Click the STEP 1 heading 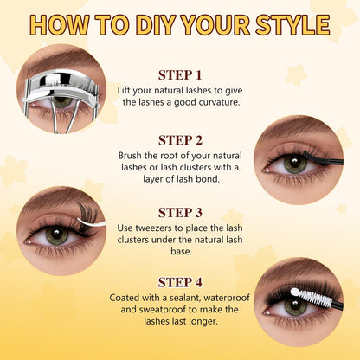click(180, 75)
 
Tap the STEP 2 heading click(180, 140)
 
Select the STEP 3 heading click(180, 213)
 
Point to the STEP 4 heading click(180, 282)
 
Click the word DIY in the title click(156, 24)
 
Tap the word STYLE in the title click(292, 24)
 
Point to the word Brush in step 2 click(130, 156)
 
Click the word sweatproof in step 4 click(162, 310)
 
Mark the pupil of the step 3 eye click(56, 235)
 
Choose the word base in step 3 click(181, 252)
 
